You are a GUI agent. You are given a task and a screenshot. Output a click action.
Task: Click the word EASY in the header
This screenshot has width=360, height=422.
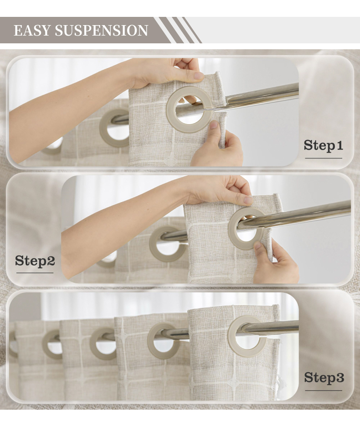point(32,30)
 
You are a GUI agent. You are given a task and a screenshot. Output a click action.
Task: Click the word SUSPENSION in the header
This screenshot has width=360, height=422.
point(101,30)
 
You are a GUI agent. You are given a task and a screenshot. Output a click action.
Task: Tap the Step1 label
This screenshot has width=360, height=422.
point(324,146)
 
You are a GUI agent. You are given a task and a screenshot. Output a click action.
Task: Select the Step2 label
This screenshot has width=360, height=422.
point(35,261)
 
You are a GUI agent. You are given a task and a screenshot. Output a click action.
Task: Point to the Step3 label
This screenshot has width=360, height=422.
point(324,377)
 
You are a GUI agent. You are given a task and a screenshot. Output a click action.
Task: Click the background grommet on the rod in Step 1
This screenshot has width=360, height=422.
point(103,128)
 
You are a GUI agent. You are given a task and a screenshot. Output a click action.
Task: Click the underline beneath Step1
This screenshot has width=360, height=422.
point(324,158)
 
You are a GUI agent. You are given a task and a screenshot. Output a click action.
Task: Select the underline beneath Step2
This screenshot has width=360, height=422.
point(35,273)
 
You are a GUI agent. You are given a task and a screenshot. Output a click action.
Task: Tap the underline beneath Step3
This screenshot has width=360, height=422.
point(324,390)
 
